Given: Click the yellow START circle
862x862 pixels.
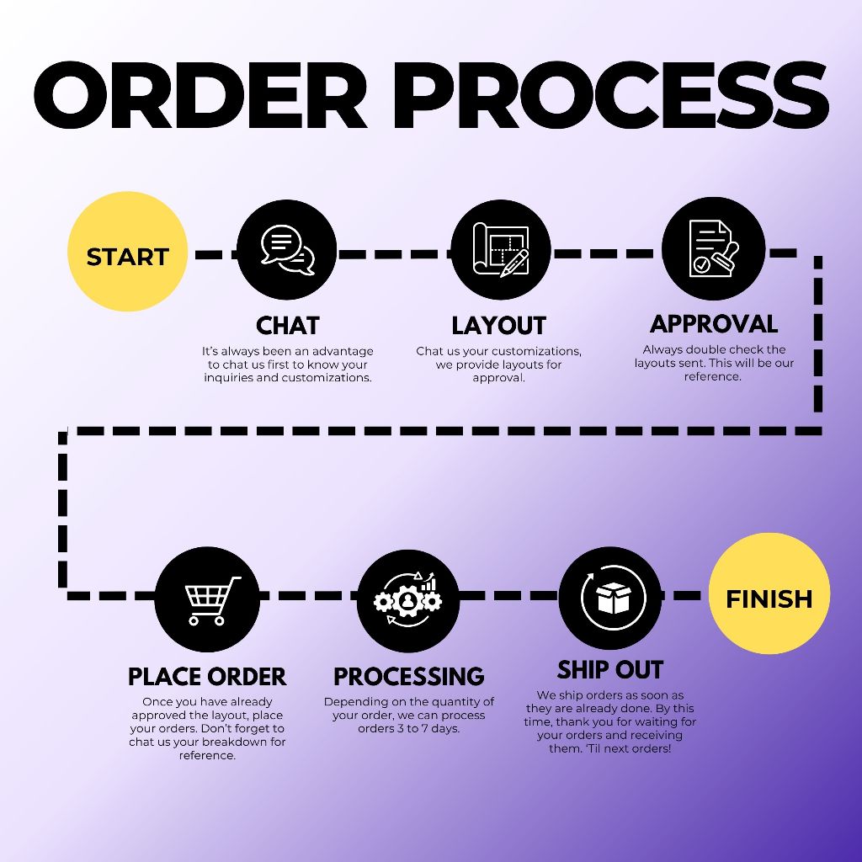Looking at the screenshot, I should click(128, 252).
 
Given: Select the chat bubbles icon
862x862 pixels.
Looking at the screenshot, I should click(287, 249).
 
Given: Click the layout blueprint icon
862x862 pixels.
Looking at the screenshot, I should click(500, 249).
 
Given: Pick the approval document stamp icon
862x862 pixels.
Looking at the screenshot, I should click(713, 248).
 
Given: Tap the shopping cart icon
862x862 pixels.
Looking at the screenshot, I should click(207, 599).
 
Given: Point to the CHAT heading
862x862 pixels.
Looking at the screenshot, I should click(288, 326).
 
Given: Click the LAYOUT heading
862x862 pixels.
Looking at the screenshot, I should click(499, 326).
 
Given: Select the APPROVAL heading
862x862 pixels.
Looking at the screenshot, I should click(714, 324).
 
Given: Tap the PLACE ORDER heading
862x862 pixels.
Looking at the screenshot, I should click(207, 677).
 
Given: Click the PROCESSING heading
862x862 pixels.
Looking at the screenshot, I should click(409, 677).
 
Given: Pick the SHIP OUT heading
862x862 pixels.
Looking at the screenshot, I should click(610, 670).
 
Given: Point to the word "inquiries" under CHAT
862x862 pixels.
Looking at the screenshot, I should click(230, 378).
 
